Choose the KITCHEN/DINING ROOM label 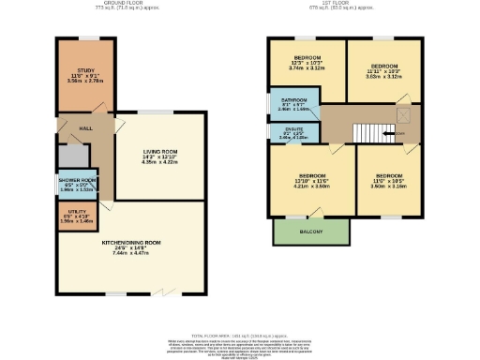click(131, 243)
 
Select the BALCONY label click(311, 231)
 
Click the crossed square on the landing click(404, 115)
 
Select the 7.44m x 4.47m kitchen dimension click(131, 253)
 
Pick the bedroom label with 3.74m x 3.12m click(306, 67)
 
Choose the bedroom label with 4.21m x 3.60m click(311, 186)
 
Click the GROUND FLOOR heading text click(132, 5)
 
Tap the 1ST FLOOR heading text click(344, 5)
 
